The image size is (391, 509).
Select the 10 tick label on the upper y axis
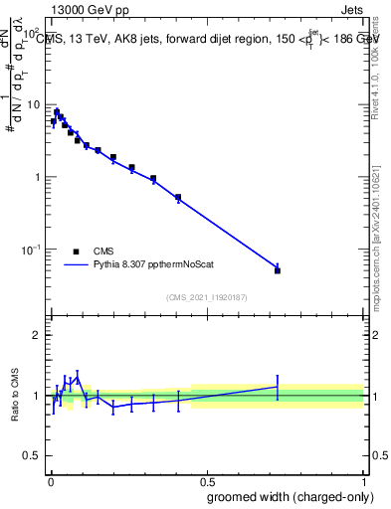tap(32, 104)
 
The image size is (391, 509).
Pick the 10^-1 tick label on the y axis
tap(30, 249)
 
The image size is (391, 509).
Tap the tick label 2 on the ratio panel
tap(35, 335)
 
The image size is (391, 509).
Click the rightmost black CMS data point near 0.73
tap(278, 270)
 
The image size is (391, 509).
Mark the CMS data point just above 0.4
tap(178, 197)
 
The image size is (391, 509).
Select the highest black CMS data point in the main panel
tap(57, 112)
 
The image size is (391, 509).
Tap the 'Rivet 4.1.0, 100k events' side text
tap(375, 60)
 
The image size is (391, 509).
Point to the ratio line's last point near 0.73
tap(278, 386)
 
